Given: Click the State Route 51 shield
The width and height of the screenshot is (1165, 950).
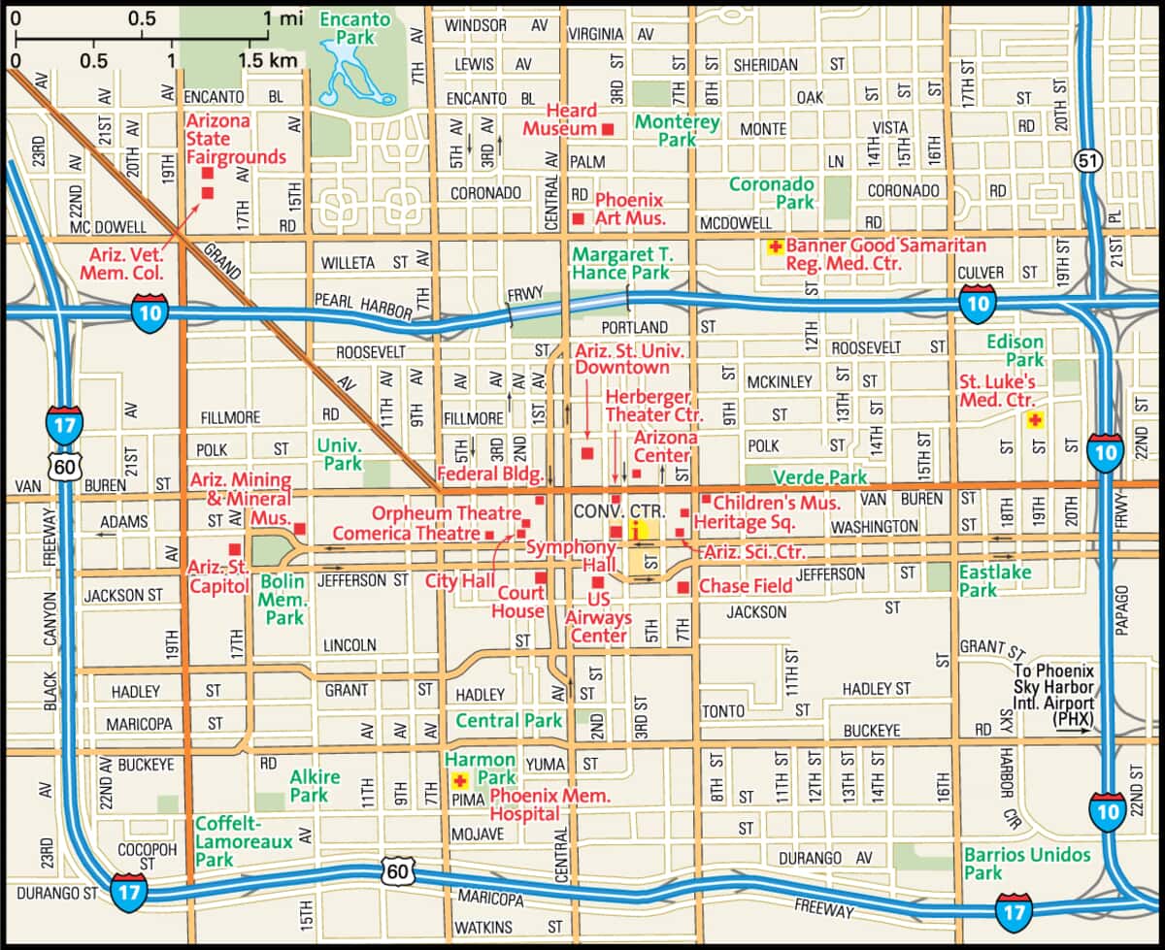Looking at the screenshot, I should [1086, 161].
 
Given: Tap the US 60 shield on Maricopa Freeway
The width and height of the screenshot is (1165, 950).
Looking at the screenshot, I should [397, 870].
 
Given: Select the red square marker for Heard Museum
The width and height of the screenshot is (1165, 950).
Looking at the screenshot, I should [609, 129].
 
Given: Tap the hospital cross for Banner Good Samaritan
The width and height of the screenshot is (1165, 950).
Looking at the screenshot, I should [775, 247].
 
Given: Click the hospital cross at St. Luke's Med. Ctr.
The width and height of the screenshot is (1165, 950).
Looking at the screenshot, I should [1035, 419].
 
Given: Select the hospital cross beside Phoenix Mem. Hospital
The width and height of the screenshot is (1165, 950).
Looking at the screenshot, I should [459, 780].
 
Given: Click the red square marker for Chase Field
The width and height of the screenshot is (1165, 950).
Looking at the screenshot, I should [683, 587].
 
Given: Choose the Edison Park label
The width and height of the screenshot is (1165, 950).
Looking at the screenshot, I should [1015, 351].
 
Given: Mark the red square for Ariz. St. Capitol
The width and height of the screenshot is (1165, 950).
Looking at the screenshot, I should [234, 549].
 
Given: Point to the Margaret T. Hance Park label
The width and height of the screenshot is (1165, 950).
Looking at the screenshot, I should [621, 263].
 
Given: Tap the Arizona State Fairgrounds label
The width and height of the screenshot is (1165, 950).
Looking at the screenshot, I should [236, 139].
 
